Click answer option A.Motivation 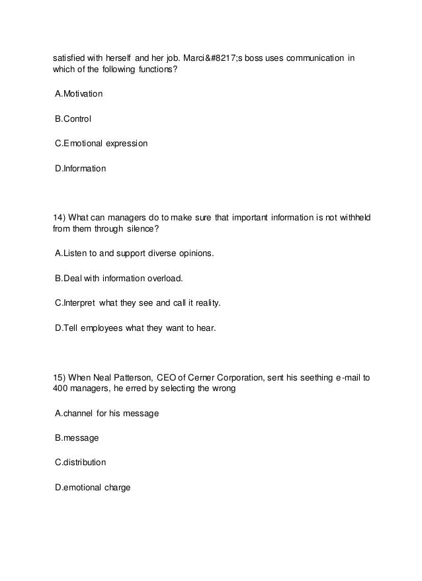[79, 94]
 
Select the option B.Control [73, 119]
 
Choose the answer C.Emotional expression [101, 144]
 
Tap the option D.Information [80, 169]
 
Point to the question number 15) [59, 377]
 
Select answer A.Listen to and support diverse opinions [134, 253]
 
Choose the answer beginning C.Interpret [137, 303]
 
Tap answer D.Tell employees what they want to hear [135, 328]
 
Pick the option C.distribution [80, 463]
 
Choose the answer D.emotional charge [93, 488]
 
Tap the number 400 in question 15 [60, 388]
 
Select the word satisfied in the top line [69, 58]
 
